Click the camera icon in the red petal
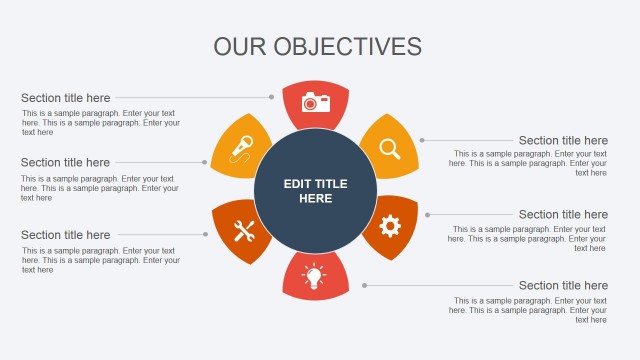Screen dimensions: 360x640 (x=315, y=101)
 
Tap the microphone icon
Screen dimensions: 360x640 (x=242, y=148)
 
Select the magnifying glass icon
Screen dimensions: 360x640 (x=389, y=148)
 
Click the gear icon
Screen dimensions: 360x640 (x=389, y=226)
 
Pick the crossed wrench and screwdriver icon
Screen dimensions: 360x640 (x=244, y=231)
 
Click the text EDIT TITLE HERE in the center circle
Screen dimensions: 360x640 (x=315, y=191)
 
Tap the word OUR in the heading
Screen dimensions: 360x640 (x=240, y=47)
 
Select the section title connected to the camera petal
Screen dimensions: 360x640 (x=66, y=98)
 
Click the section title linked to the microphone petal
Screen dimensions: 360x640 (x=66, y=162)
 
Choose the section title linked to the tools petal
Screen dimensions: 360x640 (x=66, y=235)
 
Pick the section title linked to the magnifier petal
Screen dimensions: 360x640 (x=563, y=140)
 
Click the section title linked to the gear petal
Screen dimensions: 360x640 (x=563, y=214)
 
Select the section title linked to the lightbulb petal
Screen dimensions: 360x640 (x=563, y=285)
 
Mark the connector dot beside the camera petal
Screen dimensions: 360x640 (x=271, y=97)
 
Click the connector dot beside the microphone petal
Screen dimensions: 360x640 (x=205, y=162)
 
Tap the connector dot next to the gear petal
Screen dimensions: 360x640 (x=427, y=214)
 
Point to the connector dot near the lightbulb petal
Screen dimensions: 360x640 (x=364, y=285)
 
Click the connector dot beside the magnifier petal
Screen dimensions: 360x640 (x=422, y=140)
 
